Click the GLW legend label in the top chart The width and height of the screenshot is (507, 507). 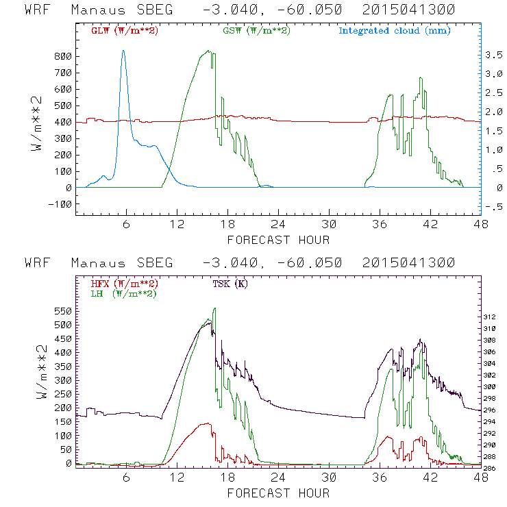point(125,31)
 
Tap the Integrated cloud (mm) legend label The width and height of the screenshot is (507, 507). point(395,31)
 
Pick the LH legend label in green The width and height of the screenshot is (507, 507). point(123,293)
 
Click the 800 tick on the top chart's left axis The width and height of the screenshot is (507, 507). point(63,56)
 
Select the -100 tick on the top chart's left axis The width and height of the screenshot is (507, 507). point(60,204)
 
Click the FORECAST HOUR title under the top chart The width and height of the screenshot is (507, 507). point(278,240)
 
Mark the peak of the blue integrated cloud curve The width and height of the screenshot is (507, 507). point(123,50)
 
